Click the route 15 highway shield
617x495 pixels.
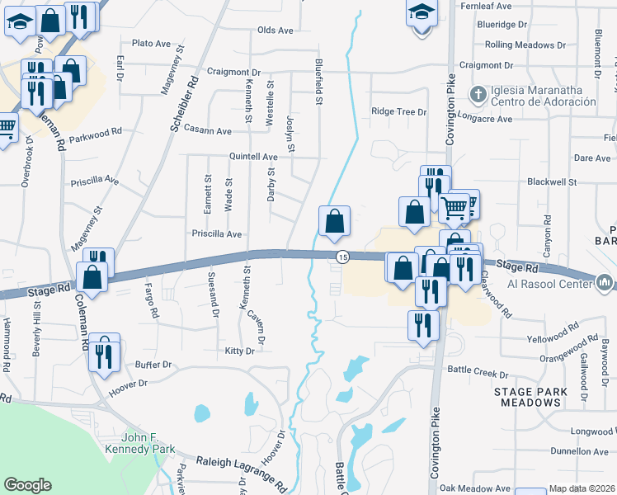point(341,258)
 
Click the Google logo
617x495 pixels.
point(28,485)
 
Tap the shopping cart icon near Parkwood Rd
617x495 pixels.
point(5,128)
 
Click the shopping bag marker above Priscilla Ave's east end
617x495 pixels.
point(334,221)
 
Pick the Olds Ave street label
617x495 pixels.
point(276,31)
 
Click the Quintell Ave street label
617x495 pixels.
point(253,157)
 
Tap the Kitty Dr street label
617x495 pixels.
point(239,351)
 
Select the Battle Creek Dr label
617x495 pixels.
point(479,370)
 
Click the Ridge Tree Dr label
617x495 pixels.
point(399,111)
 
